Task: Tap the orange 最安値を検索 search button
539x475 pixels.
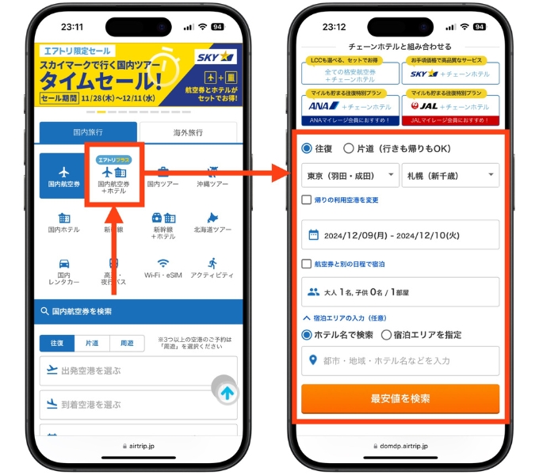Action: [400, 398]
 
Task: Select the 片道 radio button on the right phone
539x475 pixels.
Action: [349, 148]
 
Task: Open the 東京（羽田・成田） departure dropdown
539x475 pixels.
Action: [350, 175]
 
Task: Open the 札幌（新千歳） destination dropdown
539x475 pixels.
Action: [450, 175]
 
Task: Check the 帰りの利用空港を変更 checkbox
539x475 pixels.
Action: [307, 200]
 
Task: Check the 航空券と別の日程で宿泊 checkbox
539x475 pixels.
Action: [307, 264]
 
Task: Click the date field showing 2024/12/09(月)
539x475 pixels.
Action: [400, 234]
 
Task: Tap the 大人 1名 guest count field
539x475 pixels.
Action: [400, 292]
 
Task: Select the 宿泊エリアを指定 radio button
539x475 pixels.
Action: [387, 335]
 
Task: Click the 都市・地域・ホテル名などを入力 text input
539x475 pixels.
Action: [400, 361]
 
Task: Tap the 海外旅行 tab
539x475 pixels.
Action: [188, 131]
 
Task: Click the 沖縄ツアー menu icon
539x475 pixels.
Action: [212, 176]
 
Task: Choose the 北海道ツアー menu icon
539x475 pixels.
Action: [212, 222]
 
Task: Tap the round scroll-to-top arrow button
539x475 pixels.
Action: [227, 392]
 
